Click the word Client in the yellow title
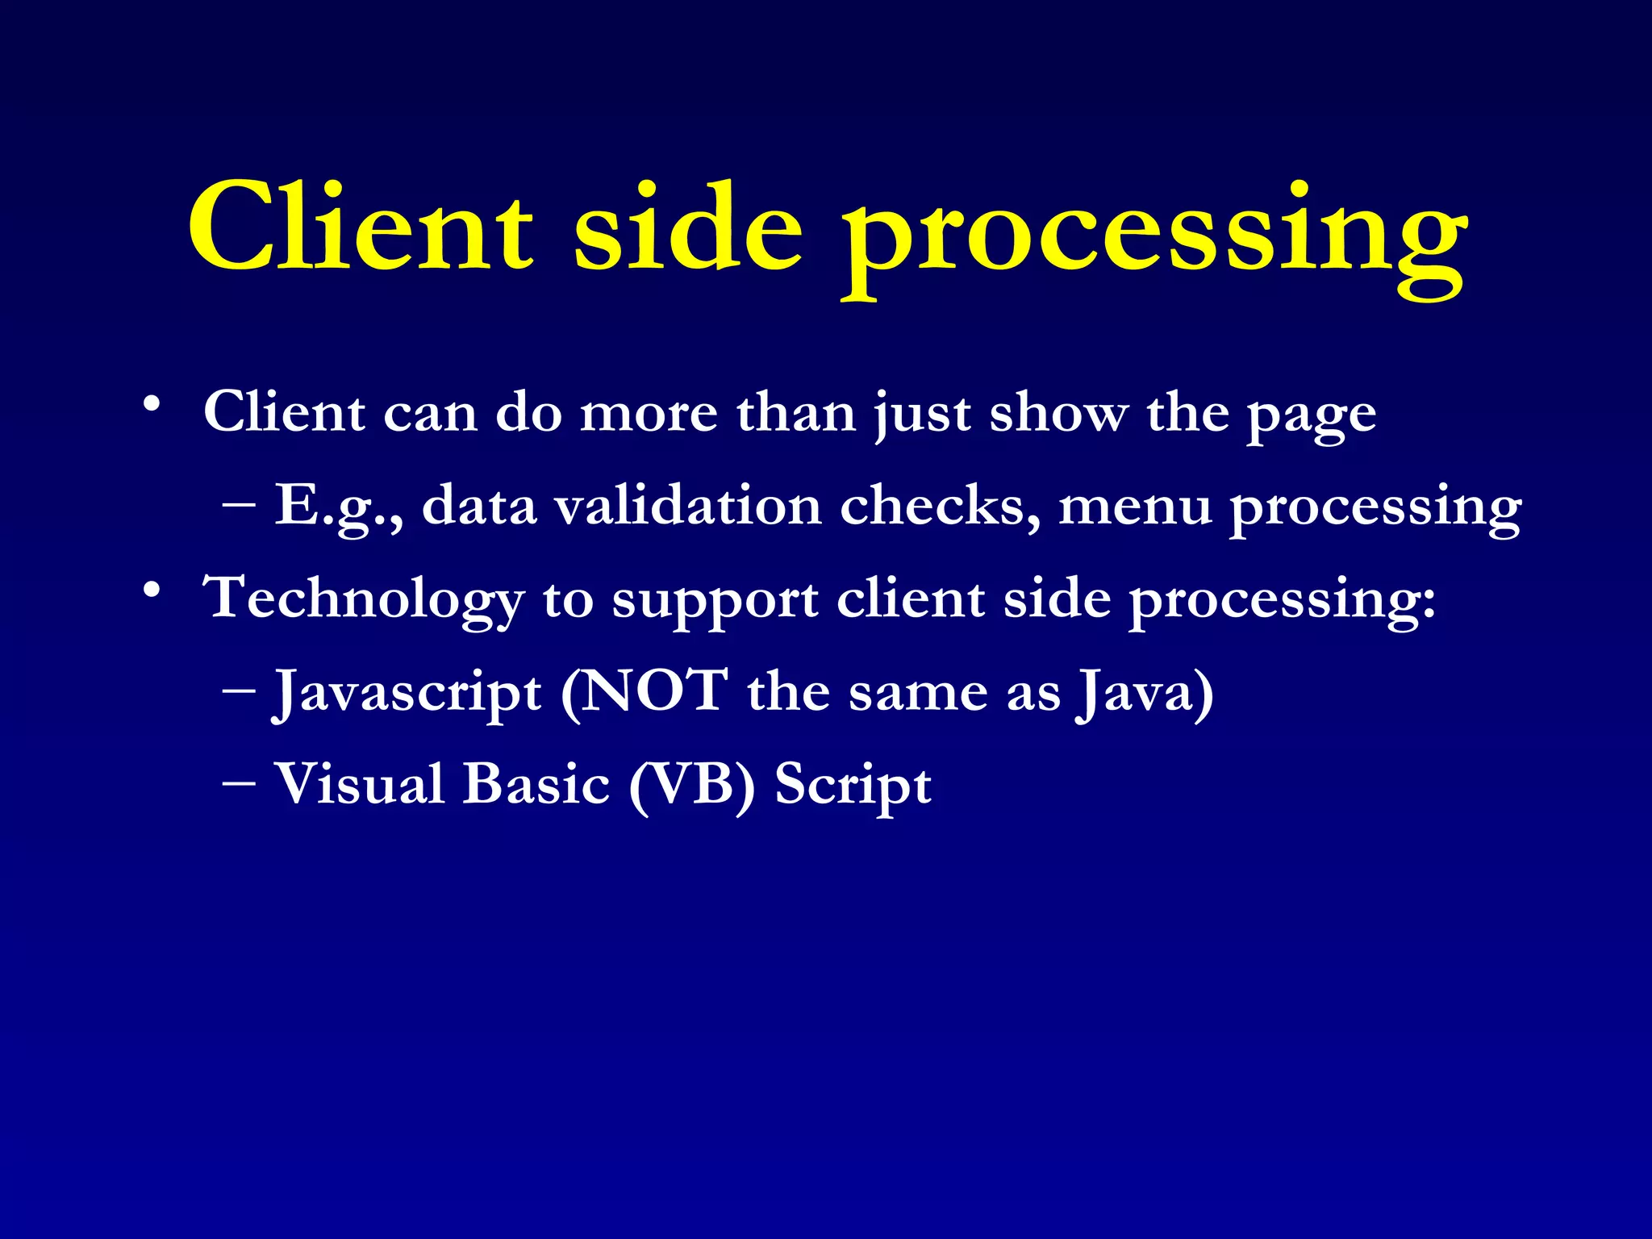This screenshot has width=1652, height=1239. pyautogui.click(x=360, y=227)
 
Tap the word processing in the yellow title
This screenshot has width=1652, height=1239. pyautogui.click(x=1153, y=238)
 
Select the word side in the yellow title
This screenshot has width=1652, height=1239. pyautogui.click(x=688, y=227)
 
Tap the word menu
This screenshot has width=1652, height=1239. pyautogui.click(x=1134, y=507)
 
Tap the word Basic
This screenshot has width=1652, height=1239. pyautogui.click(x=536, y=784)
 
